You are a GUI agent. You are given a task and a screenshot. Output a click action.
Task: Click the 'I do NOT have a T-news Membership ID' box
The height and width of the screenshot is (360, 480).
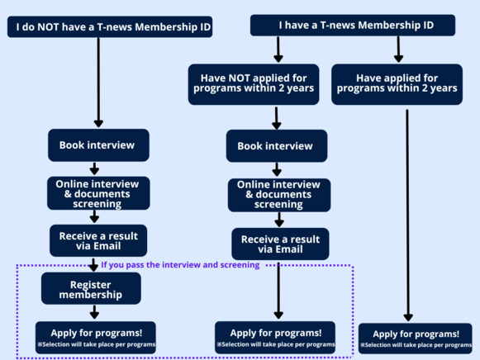(x=110, y=27)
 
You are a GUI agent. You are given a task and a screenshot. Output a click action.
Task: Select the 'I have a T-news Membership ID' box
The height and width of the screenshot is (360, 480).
(x=353, y=25)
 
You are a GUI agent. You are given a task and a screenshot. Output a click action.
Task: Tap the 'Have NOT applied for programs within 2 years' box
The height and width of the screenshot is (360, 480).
(x=254, y=84)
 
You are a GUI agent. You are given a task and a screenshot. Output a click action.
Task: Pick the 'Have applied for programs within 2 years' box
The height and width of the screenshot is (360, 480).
(x=397, y=84)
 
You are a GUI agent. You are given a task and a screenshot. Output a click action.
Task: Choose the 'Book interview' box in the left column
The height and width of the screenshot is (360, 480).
(x=98, y=145)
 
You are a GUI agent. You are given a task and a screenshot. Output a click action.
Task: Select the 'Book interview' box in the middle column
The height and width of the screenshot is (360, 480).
(x=277, y=146)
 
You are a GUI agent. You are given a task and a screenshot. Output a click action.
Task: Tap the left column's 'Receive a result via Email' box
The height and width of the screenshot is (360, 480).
(x=98, y=241)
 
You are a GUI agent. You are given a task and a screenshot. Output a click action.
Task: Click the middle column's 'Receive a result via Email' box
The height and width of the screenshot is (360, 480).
(x=280, y=244)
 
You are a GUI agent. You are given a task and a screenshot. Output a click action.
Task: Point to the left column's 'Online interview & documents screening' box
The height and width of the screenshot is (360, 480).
(x=98, y=193)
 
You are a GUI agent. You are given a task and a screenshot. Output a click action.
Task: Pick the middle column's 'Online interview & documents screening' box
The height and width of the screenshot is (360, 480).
(x=279, y=195)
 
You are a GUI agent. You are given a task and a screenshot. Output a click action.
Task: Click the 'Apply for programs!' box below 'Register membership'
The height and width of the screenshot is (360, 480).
(x=96, y=338)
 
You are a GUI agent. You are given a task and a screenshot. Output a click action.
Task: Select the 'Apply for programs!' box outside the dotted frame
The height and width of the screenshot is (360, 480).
(x=415, y=339)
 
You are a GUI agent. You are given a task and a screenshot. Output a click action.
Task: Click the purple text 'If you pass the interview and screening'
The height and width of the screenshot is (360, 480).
(x=180, y=265)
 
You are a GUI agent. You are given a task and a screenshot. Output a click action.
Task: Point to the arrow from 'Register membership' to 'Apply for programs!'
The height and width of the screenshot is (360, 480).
(x=94, y=312)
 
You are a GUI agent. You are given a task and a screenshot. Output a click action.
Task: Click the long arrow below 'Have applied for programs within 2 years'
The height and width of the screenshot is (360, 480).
(x=408, y=216)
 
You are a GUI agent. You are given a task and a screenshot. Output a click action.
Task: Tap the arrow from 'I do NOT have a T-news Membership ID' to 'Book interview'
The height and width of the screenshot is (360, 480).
(x=98, y=83)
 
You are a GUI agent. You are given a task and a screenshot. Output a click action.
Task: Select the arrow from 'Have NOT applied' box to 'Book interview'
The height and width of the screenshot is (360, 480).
(x=277, y=118)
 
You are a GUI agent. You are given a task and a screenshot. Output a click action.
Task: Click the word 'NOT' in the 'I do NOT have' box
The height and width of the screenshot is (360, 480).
(x=49, y=27)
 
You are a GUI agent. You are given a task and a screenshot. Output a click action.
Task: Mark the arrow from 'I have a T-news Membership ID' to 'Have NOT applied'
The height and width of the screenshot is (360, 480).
(x=278, y=50)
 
